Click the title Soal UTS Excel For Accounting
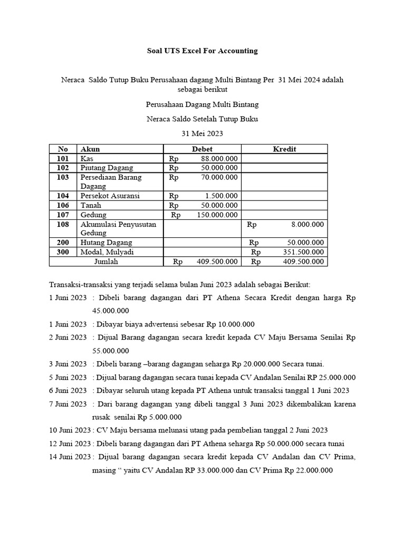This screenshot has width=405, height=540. pos(202,51)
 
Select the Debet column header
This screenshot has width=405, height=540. pos(202,149)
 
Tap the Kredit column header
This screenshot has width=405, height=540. pos(284,149)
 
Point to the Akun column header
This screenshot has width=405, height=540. pos(90,149)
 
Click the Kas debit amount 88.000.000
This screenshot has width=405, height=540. pos(219,158)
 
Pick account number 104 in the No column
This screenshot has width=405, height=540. pos(63,196)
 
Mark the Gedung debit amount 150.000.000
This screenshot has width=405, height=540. pos(217,215)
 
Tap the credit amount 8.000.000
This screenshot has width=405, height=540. pos(308,224)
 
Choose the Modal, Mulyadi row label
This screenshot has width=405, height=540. pos(107,252)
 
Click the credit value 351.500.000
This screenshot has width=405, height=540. pos(303,252)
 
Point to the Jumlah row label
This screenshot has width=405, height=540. pos(106,262)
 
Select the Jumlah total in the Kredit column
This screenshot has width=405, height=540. pos(303,262)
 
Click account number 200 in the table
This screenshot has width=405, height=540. pos(63,243)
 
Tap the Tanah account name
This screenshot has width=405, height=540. pos(91,205)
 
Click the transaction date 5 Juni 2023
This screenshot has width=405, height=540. pos(68,378)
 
